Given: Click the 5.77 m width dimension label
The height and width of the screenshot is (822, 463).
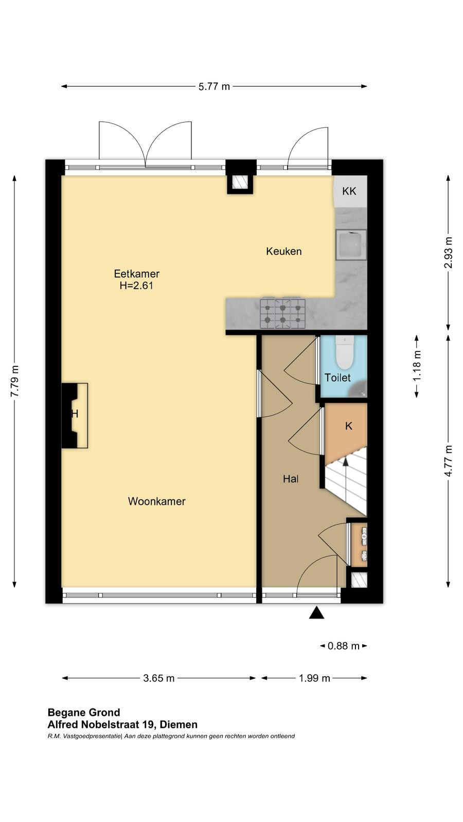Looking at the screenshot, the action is [x=214, y=87].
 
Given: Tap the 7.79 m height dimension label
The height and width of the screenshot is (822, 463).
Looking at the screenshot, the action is [x=15, y=381].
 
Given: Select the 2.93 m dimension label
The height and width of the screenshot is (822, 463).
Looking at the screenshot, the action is [x=448, y=252].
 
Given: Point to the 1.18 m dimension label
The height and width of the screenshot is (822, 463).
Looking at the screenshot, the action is [x=417, y=366].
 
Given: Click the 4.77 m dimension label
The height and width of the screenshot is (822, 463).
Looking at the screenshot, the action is [x=448, y=461].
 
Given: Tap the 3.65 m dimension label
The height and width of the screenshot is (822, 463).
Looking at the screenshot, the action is [x=159, y=678].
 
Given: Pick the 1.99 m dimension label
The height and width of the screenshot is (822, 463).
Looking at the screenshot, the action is [x=314, y=678].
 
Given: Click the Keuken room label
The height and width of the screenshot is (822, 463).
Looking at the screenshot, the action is [x=283, y=251].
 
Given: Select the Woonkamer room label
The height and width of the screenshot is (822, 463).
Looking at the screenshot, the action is [x=156, y=501].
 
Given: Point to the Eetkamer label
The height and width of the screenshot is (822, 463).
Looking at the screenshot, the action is [x=137, y=274].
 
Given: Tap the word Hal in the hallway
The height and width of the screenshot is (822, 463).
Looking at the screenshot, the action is [x=291, y=479].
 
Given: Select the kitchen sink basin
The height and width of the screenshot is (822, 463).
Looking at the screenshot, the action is [x=351, y=245].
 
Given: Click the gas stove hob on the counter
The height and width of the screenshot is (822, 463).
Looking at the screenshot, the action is [x=282, y=313].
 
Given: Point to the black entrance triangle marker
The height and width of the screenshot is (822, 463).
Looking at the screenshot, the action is [x=316, y=613].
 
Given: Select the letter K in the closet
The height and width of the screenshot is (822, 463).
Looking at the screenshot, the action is [x=349, y=426].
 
